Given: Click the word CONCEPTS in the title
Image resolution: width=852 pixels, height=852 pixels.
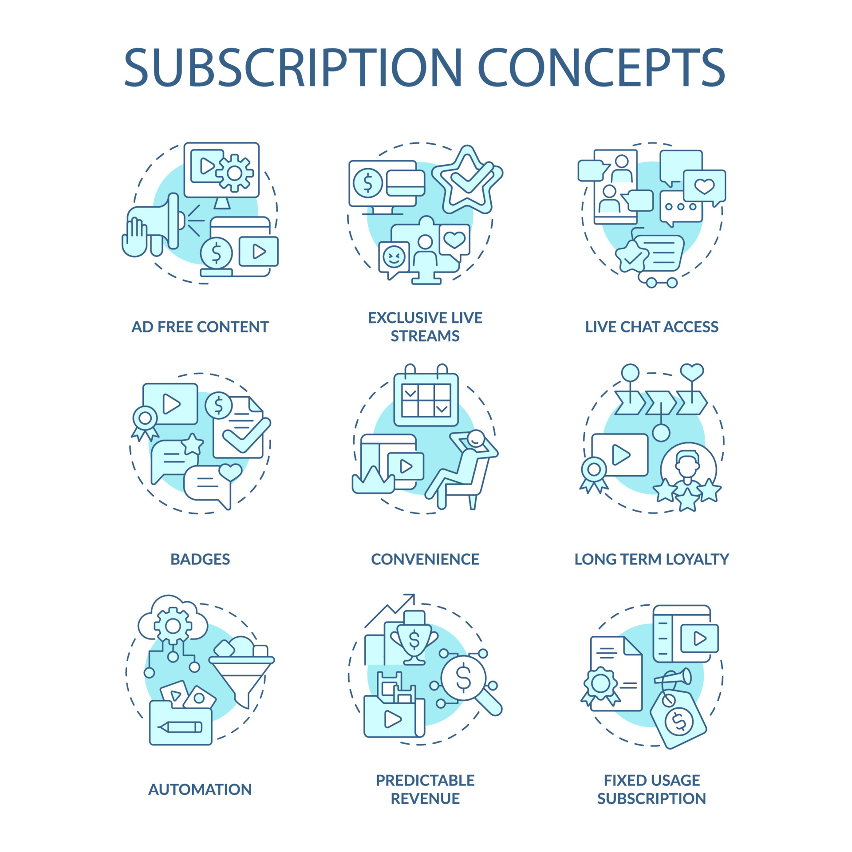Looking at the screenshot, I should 601,67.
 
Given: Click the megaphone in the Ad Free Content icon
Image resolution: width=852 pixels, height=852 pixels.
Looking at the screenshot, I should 160,221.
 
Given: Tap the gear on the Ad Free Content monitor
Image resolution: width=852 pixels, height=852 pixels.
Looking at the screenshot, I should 234,173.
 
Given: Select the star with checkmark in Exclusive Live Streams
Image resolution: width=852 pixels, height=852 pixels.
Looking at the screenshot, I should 467,180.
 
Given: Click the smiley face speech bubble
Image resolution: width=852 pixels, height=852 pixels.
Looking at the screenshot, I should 394,257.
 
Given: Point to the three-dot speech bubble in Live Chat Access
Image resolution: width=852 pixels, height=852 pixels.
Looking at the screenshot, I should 680,207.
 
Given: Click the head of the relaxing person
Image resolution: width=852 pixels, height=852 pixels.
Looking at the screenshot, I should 476,438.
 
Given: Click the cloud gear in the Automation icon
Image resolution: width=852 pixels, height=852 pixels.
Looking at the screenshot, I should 173,626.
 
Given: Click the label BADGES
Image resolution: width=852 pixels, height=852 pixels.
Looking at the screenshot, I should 200,559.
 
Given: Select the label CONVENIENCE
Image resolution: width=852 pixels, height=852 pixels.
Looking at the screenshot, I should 425,559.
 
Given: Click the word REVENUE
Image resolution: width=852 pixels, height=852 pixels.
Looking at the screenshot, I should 425,798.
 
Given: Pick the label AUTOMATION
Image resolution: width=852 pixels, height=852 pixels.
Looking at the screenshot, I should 200,789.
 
